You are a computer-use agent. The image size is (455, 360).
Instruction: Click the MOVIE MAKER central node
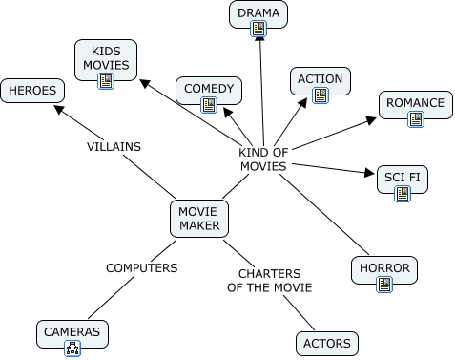pyautogui.click(x=199, y=219)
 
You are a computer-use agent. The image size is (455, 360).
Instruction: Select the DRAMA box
pyautogui.click(x=259, y=14)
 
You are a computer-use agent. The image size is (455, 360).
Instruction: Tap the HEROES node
pyautogui.click(x=32, y=91)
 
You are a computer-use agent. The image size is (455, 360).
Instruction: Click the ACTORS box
pyautogui.click(x=327, y=344)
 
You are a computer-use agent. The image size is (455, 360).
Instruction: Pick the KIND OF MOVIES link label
pyautogui.click(x=263, y=159)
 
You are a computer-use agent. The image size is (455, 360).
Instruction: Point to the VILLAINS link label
pyautogui.click(x=114, y=147)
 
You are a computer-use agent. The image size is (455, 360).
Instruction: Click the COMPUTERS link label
pyautogui.click(x=142, y=268)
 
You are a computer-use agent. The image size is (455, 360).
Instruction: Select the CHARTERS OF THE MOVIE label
pyautogui.click(x=270, y=281)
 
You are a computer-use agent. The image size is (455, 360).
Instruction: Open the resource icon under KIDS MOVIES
pyautogui.click(x=106, y=81)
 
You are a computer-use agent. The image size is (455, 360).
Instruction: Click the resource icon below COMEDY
pyautogui.click(x=209, y=105)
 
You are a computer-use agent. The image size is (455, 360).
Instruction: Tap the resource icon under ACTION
pyautogui.click(x=321, y=95)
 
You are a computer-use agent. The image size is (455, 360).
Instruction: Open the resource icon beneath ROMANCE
pyautogui.click(x=416, y=119)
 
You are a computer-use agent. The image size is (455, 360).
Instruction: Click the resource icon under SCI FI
pyautogui.click(x=403, y=194)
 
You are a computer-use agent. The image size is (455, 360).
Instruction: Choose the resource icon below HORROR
pyautogui.click(x=384, y=285)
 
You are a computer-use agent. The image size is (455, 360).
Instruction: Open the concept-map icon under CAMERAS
pyautogui.click(x=72, y=349)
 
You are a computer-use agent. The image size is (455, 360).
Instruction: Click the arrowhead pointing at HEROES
pyautogui.click(x=59, y=110)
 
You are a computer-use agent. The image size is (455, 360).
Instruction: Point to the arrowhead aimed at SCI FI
pyautogui.click(x=369, y=173)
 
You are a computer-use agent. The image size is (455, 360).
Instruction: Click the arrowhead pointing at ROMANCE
pyautogui.click(x=371, y=120)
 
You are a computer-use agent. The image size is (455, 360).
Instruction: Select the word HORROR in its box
pyautogui.click(x=384, y=268)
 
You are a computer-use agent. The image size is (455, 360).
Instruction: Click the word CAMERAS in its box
pyautogui.click(x=72, y=332)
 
